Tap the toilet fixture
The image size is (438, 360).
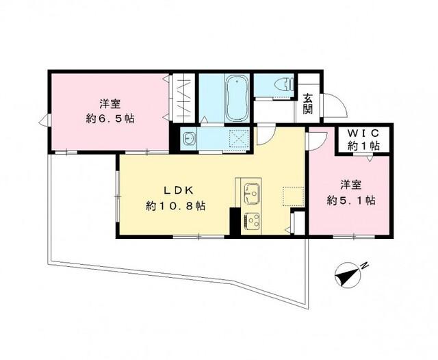[x=280, y=85]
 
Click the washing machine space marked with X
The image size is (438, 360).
[x=237, y=138]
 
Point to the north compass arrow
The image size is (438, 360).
[x=348, y=275]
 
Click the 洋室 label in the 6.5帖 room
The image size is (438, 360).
[x=110, y=103]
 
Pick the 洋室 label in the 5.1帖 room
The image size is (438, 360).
[x=351, y=185]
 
